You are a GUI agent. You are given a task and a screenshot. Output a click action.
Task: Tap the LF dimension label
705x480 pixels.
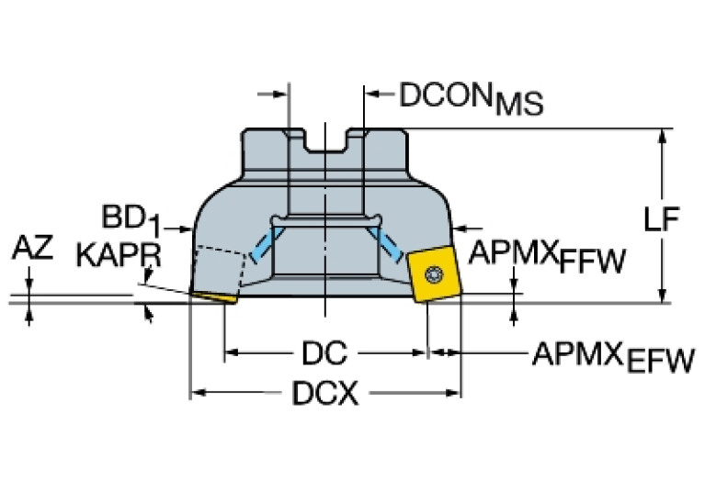coord(660,219)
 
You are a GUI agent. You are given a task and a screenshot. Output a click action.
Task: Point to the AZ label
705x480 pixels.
coord(32,247)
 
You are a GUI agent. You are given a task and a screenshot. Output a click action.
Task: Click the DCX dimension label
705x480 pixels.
coord(324,395)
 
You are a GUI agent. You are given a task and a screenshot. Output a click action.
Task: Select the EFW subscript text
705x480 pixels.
coord(660,364)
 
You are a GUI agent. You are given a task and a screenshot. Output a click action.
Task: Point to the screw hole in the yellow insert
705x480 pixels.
coord(433,273)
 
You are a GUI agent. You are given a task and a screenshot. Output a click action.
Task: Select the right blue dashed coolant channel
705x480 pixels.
coord(387,244)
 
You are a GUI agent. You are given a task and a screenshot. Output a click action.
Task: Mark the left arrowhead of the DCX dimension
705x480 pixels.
coord(196,395)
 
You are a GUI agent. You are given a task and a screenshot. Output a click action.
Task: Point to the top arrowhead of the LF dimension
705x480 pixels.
coord(662,135)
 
